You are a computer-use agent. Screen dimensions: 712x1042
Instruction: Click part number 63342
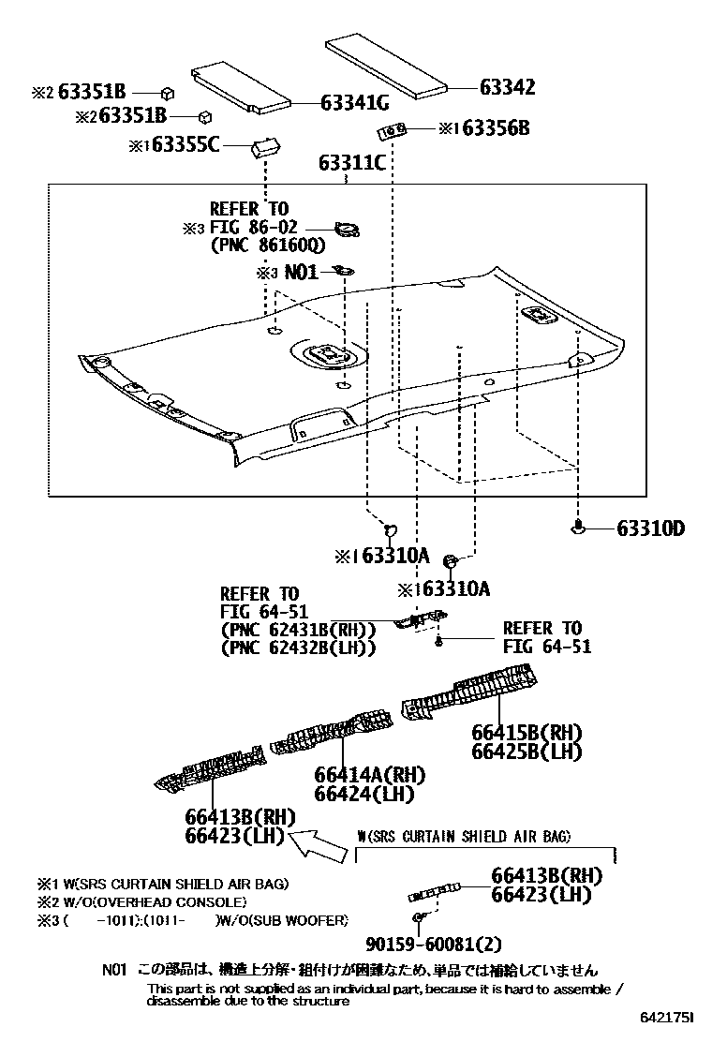pos(508,88)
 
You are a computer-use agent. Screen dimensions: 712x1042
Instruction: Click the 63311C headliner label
pos(351,163)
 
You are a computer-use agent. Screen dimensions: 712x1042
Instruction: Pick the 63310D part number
pos(650,529)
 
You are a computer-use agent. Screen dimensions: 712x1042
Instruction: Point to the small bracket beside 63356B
pos(393,129)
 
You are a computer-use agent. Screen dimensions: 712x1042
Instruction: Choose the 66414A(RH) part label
pos(369,775)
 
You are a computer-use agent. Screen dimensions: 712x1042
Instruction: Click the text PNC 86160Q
pos(267,246)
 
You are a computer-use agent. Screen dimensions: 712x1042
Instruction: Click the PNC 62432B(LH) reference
pos(298,647)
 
